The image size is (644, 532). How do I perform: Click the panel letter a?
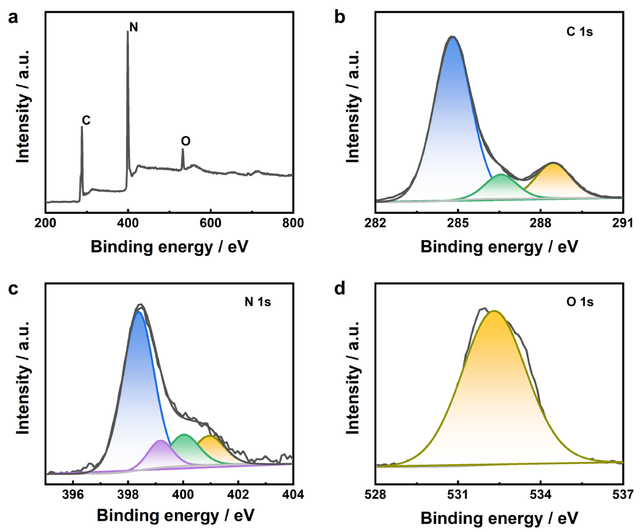click(13, 18)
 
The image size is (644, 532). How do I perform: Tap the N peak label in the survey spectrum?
click(134, 28)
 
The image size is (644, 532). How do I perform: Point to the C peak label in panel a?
click(86, 120)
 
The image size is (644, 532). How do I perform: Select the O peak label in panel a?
click(186, 141)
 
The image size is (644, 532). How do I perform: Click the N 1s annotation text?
click(258, 302)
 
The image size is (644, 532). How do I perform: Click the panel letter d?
click(340, 289)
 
